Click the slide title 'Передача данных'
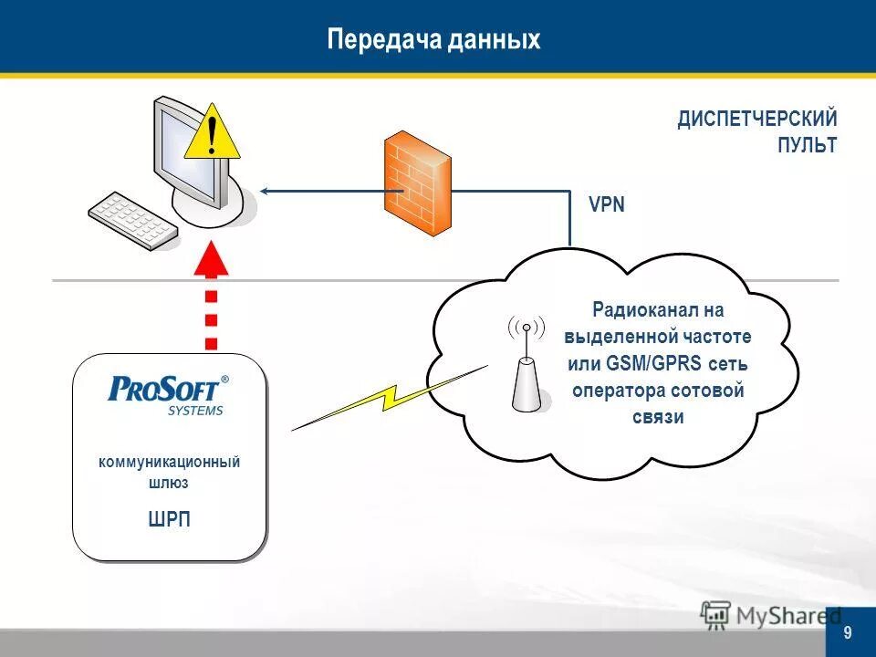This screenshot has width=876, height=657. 433,40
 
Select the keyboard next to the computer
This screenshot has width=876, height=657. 133,220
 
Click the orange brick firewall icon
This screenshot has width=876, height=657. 417,183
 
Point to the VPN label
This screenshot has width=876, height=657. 607,204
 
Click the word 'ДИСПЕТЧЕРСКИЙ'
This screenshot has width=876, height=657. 756,120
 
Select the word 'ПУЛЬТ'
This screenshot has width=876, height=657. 807,145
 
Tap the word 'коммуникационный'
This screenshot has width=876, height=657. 170,463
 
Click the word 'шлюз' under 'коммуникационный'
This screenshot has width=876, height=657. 170,484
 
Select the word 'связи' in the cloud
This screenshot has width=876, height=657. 657,417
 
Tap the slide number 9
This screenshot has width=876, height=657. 849,633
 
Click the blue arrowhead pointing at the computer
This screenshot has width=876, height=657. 266,191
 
